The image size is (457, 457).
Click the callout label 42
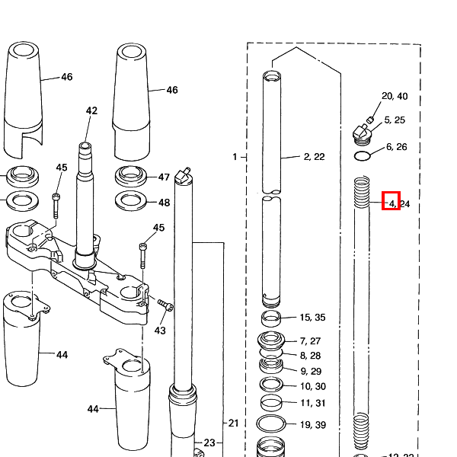tap(91, 110)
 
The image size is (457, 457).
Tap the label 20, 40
tap(395, 96)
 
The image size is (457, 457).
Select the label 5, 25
tap(395, 120)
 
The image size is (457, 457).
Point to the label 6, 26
tap(396, 146)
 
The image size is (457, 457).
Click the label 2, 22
tap(314, 157)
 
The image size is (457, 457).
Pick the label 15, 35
tap(313, 317)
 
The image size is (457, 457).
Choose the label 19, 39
tap(313, 425)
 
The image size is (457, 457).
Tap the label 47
tap(164, 177)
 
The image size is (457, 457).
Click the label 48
tap(164, 203)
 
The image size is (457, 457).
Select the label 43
tap(160, 331)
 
